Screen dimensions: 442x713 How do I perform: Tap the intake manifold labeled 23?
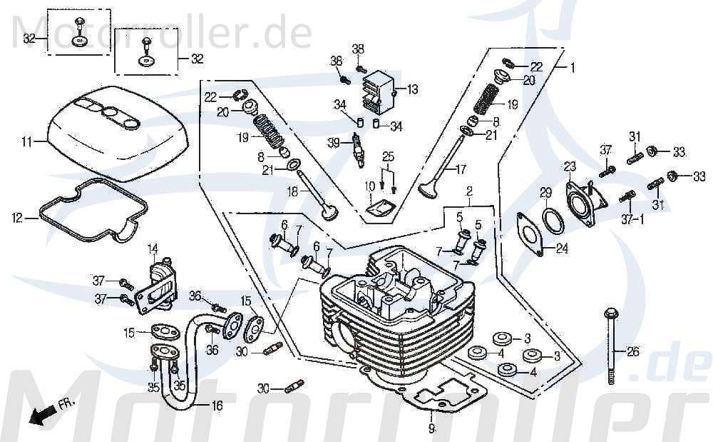(580, 196)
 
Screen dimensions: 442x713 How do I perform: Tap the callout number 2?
(469, 191)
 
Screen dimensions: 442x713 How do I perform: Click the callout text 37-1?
(632, 219)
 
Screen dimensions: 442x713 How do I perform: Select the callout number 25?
(388, 156)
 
